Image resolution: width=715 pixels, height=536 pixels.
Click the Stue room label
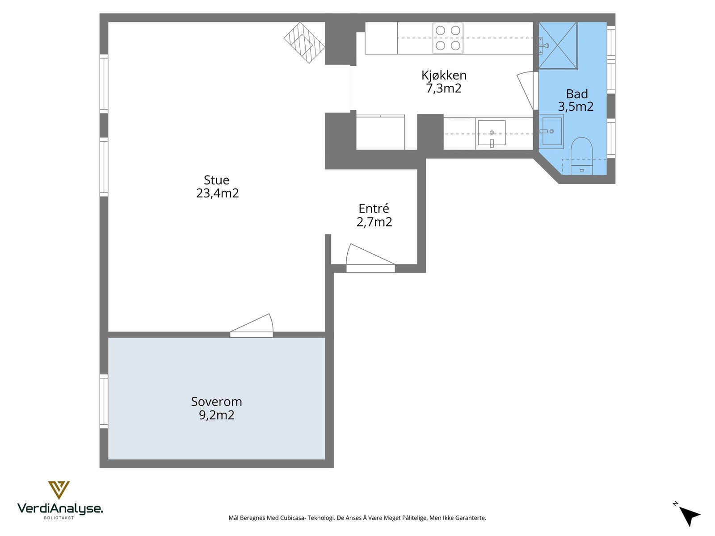216,180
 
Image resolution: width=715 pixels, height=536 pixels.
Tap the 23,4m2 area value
217,193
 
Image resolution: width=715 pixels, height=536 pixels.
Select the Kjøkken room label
444,75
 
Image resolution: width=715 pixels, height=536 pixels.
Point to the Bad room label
577,94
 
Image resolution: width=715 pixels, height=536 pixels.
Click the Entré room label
374,208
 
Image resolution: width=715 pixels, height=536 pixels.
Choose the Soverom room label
216,402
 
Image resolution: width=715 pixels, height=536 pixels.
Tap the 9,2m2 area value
217,415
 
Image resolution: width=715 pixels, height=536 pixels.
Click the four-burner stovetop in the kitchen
448,38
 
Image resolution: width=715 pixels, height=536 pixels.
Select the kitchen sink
492,133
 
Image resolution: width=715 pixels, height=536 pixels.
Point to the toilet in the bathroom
581,156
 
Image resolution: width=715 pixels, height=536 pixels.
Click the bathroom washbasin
551,131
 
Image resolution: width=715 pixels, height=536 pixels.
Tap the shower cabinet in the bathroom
558,46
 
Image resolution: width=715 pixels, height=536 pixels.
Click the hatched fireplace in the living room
304,42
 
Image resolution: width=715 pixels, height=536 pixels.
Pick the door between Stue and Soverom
252,326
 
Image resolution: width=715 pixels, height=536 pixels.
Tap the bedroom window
104,401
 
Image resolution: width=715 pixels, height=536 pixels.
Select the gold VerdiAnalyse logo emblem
59,490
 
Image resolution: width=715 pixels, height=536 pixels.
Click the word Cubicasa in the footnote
293,518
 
